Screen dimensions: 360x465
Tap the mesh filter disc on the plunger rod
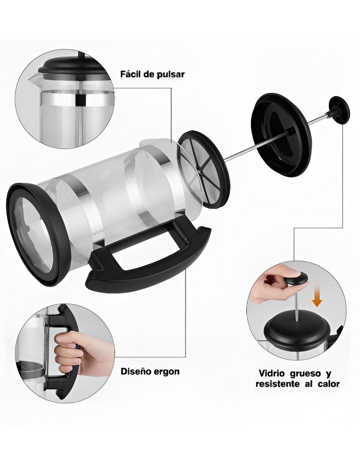tap(203, 170)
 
